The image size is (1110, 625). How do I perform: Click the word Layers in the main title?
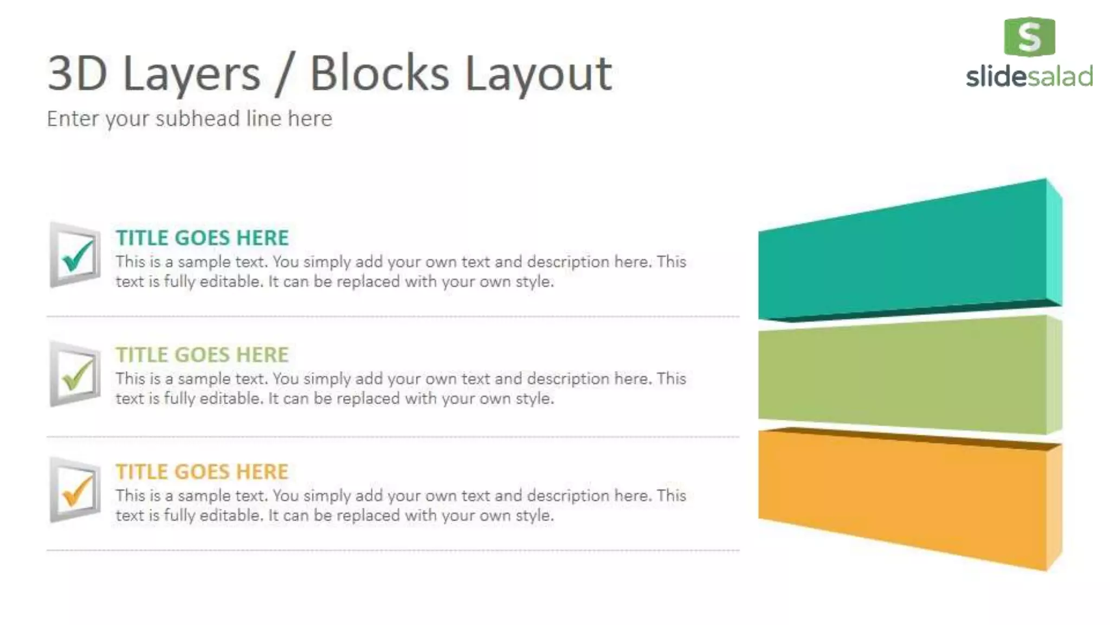pos(191,74)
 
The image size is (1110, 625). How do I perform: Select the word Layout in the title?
pos(538,74)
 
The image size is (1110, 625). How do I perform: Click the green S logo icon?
pos(1029,37)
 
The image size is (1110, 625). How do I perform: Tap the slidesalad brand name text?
pos(1029,76)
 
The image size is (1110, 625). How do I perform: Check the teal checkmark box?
pos(75,255)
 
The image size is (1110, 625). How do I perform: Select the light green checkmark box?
pos(75,374)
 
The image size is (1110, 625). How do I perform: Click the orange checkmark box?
pos(75,490)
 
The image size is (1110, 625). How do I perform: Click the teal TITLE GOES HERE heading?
pos(202,238)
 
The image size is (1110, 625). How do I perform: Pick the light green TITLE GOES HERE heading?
pos(202,355)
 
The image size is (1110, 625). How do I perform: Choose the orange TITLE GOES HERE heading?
pos(202,472)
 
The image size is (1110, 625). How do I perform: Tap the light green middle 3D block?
pos(900,374)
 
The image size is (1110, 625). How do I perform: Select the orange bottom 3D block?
pos(900,496)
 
